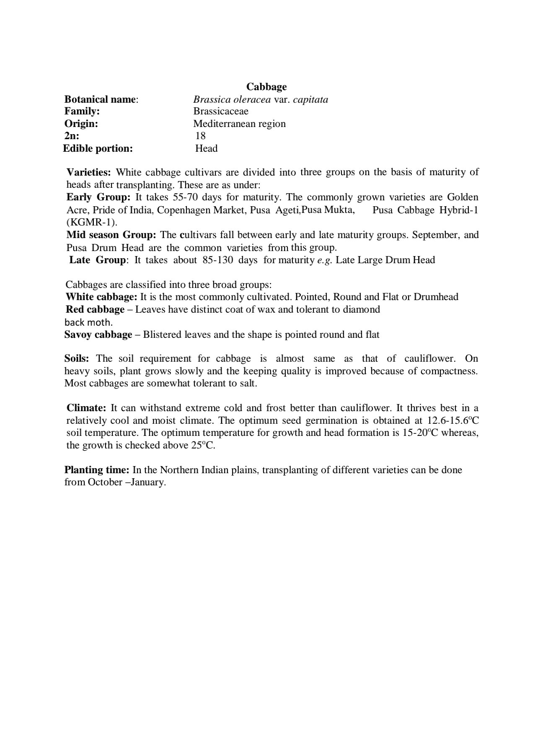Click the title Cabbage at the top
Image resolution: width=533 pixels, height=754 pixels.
point(266,87)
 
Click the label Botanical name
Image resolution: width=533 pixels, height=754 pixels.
point(101,99)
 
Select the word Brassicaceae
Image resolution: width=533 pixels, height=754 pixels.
point(220,111)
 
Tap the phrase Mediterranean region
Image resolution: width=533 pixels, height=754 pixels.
point(239,124)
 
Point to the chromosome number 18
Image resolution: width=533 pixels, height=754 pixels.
point(200,136)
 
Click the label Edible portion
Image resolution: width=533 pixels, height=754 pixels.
point(98,148)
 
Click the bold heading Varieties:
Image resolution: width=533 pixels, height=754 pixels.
point(89,172)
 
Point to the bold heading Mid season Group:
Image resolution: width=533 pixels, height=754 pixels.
point(111,235)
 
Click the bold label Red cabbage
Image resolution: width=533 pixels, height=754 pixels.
point(95,309)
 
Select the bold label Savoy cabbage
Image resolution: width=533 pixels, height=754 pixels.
point(98,334)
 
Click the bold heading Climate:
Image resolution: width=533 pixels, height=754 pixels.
point(86,408)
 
